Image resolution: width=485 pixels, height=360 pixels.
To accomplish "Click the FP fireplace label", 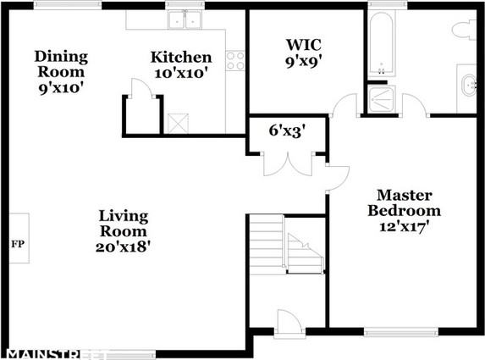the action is click(x=18, y=244).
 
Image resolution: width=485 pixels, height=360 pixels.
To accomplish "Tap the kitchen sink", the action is click(x=185, y=19).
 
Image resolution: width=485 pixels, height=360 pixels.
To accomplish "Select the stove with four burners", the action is click(x=235, y=61).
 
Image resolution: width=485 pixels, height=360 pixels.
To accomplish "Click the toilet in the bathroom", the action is click(x=464, y=30).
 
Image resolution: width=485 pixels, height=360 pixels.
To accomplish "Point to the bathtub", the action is click(x=382, y=43).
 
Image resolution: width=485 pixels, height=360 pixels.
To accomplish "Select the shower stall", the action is click(x=382, y=99).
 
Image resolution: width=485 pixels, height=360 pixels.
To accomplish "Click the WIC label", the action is click(x=303, y=45).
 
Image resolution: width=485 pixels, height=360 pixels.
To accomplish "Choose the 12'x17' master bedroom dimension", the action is click(x=404, y=226).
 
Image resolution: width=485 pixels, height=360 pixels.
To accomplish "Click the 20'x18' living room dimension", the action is click(x=123, y=247).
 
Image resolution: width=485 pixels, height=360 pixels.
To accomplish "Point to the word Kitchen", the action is click(x=181, y=58).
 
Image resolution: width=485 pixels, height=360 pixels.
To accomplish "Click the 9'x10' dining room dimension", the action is click(x=61, y=88).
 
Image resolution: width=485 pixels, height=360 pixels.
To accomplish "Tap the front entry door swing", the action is click(x=289, y=322).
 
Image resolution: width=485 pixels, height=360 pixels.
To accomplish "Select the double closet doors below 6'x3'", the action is click(x=289, y=164).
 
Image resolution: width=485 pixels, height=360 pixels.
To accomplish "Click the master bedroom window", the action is click(x=401, y=332).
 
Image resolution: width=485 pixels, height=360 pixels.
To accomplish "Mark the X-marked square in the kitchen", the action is click(x=178, y=124).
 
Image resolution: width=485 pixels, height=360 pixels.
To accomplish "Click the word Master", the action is click(x=405, y=196).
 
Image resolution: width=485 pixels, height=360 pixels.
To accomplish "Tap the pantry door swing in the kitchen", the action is click(x=141, y=89).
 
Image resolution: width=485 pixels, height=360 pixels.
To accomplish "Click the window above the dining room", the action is click(x=68, y=4).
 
